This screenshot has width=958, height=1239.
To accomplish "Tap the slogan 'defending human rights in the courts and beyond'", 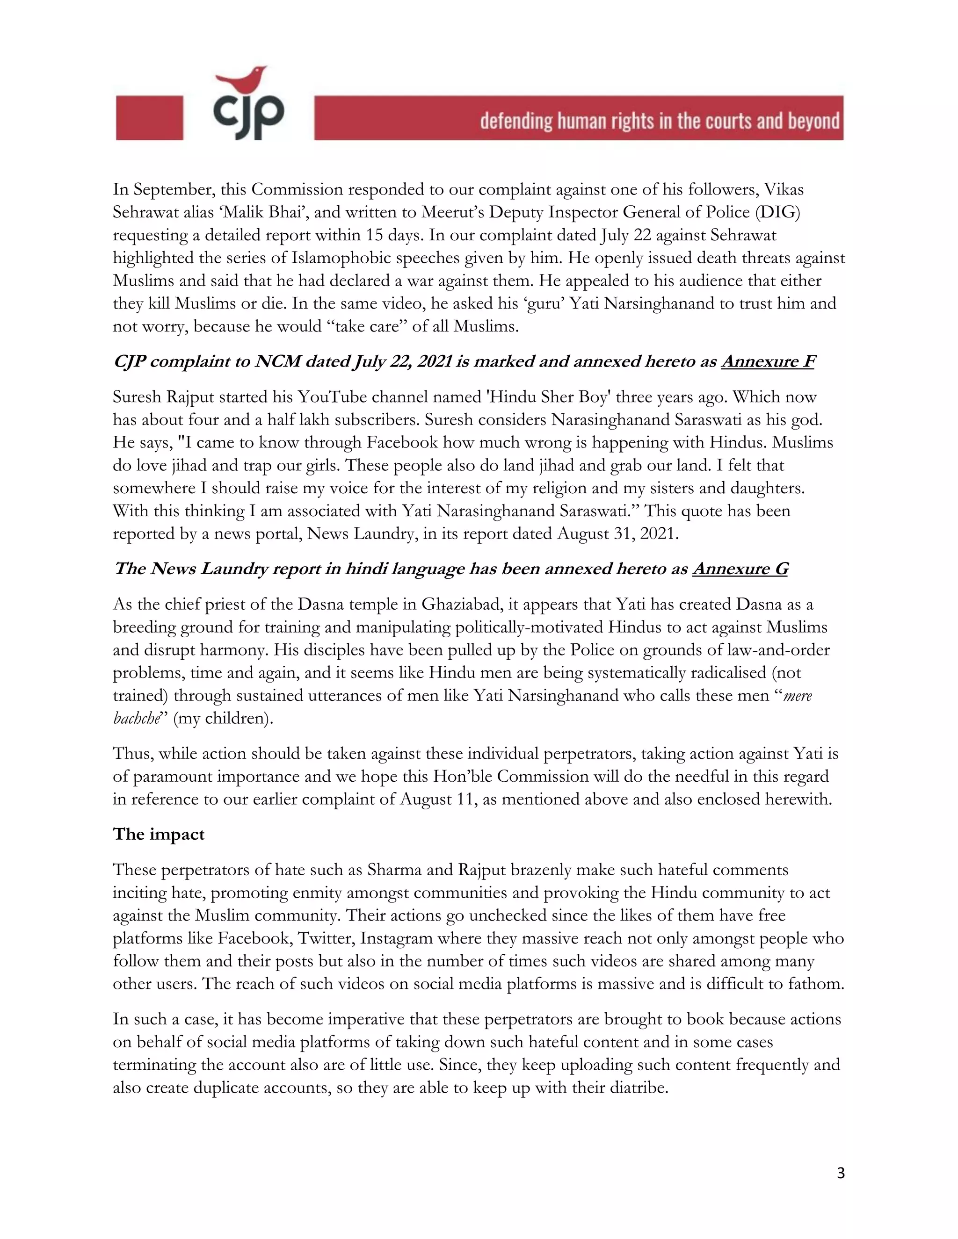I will [x=660, y=121].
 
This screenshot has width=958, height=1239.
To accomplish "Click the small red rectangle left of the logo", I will [x=149, y=117].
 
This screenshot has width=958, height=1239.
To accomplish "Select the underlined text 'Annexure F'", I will [x=768, y=361].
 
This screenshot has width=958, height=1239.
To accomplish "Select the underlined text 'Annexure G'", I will [x=740, y=569].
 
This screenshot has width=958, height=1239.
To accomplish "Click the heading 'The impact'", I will [x=159, y=834].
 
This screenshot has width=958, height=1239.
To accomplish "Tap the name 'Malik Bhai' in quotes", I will [x=263, y=212].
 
